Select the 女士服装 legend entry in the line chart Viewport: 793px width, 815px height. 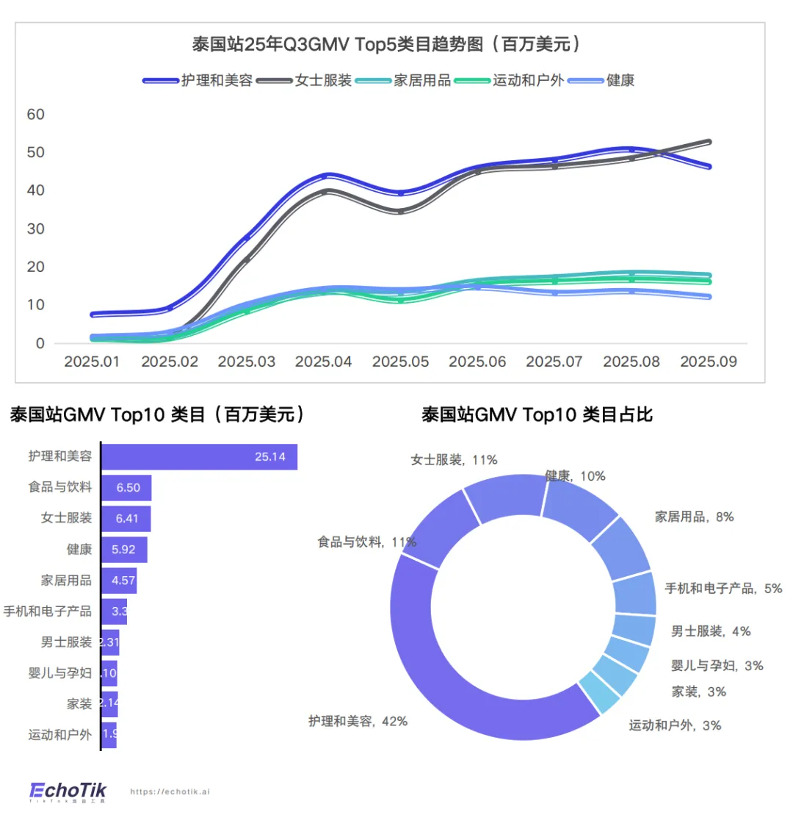click(x=323, y=80)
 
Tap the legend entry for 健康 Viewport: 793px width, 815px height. click(x=620, y=80)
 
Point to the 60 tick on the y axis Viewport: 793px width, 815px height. click(x=35, y=115)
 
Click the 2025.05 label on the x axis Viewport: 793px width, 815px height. click(x=400, y=362)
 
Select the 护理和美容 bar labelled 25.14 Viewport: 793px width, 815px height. click(x=198, y=457)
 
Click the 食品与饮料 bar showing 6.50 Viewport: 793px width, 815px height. click(x=126, y=488)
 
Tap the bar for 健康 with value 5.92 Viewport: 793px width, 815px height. click(x=124, y=550)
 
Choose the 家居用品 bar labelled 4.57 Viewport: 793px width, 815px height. click(x=119, y=581)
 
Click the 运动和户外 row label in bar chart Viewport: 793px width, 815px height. click(x=59, y=734)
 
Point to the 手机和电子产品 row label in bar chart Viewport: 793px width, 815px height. click(x=48, y=611)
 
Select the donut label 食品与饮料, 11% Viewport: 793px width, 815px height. click(x=366, y=542)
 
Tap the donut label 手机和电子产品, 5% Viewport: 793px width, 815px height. click(x=723, y=588)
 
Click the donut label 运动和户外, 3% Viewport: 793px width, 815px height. click(x=675, y=725)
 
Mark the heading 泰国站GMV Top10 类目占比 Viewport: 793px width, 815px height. click(x=537, y=415)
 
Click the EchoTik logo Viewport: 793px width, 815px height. click(x=68, y=791)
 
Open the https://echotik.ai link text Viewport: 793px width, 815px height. click(x=170, y=792)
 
